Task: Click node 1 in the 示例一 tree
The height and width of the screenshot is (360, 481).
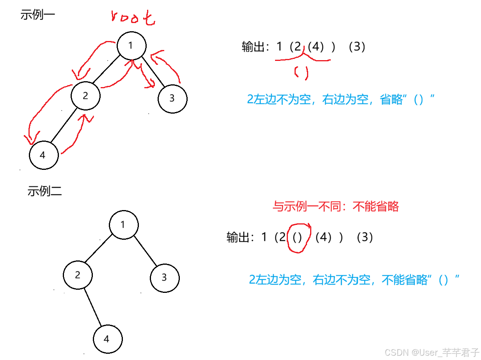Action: click(x=131, y=46)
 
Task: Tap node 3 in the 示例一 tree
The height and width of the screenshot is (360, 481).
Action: click(x=172, y=98)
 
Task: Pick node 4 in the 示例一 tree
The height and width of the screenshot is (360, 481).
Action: click(x=43, y=155)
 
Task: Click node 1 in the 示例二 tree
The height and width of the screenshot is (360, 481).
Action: click(x=124, y=225)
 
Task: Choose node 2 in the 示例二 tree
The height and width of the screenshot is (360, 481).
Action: click(x=78, y=275)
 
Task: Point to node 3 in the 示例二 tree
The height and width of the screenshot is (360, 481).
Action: click(x=164, y=278)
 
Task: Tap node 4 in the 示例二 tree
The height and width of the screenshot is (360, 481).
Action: click(x=107, y=339)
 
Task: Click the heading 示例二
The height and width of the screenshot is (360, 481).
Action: click(x=44, y=191)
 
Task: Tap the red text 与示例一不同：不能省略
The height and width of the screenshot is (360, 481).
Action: click(x=335, y=206)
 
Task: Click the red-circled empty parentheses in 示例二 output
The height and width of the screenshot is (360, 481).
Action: click(x=298, y=238)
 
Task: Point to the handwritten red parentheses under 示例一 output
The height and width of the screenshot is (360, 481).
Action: click(x=302, y=73)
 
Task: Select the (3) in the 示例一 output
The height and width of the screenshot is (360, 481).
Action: click(x=357, y=47)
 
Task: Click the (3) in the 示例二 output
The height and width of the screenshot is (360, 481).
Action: click(x=364, y=237)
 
